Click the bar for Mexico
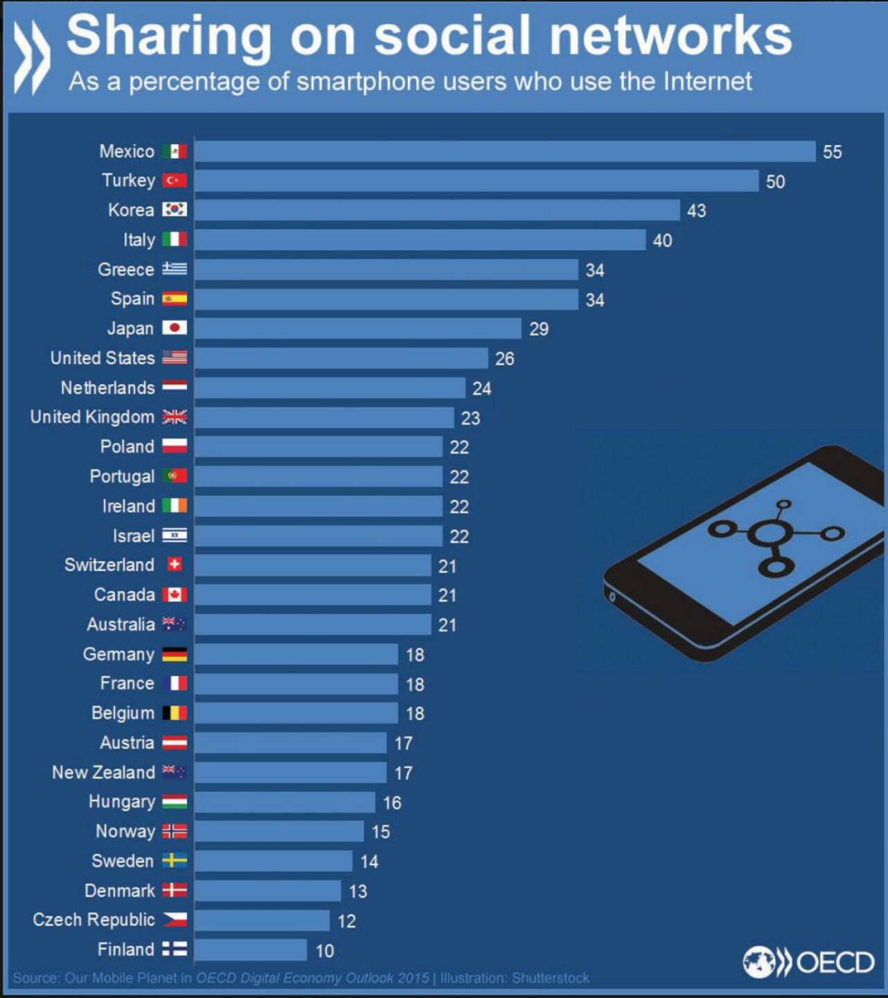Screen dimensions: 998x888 (x=504, y=151)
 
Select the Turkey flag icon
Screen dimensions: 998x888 (x=175, y=180)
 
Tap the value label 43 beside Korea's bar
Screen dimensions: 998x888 (x=696, y=211)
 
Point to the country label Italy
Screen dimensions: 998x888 (x=139, y=240)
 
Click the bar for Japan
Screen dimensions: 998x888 (x=357, y=329)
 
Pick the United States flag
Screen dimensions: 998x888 (x=175, y=358)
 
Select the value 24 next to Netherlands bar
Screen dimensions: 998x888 (x=481, y=388)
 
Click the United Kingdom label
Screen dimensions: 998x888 (x=92, y=417)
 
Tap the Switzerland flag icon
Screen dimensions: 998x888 (x=175, y=565)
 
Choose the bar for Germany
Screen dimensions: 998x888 (x=296, y=654)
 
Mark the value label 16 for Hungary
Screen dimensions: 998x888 (x=392, y=803)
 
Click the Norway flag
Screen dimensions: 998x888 (x=175, y=831)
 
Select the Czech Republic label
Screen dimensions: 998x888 (x=94, y=920)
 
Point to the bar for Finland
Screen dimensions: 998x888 (x=250, y=949)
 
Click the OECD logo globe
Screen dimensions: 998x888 (x=758, y=962)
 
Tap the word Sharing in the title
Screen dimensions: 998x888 (x=169, y=36)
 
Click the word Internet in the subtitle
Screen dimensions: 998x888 (x=707, y=82)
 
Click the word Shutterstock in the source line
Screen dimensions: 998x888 (x=550, y=978)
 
